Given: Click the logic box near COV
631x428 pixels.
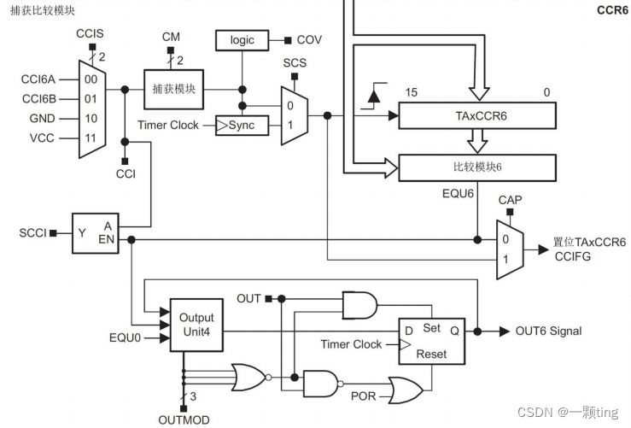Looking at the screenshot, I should pyautogui.click(x=242, y=40).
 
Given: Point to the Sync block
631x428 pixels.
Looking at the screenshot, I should pyautogui.click(x=242, y=126).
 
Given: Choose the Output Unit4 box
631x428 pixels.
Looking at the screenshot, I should pyautogui.click(x=197, y=324).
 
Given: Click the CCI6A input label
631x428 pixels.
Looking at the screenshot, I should pyautogui.click(x=38, y=79).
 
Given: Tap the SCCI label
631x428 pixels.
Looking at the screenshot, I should pyautogui.click(x=32, y=232).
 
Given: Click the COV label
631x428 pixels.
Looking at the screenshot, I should pyautogui.click(x=309, y=40).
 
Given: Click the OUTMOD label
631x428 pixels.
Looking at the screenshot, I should pyautogui.click(x=184, y=419).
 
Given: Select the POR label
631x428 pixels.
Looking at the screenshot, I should pyautogui.click(x=363, y=396).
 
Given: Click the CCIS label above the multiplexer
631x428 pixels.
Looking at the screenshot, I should pyautogui.click(x=89, y=32).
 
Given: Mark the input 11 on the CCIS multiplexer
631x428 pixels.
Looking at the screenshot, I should pyautogui.click(x=90, y=137).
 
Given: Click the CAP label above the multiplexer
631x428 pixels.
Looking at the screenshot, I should pyautogui.click(x=510, y=199).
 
